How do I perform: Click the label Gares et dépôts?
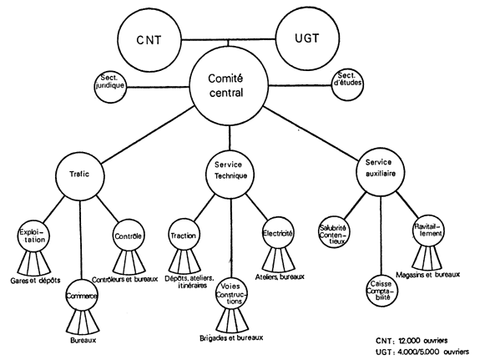[x=36, y=281]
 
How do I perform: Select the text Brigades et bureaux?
[x=231, y=337]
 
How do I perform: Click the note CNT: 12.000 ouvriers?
[x=412, y=341]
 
